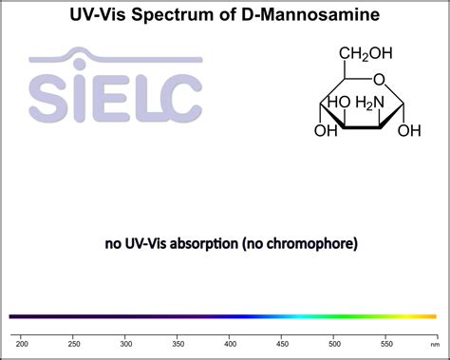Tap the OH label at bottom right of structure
409,130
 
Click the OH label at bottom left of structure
326,130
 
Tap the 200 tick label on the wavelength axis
23,342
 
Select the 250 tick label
74,342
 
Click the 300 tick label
126,342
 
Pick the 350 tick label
178,342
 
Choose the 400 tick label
230,342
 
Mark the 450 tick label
282,342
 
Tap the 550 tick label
385,342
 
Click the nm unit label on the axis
434,342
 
